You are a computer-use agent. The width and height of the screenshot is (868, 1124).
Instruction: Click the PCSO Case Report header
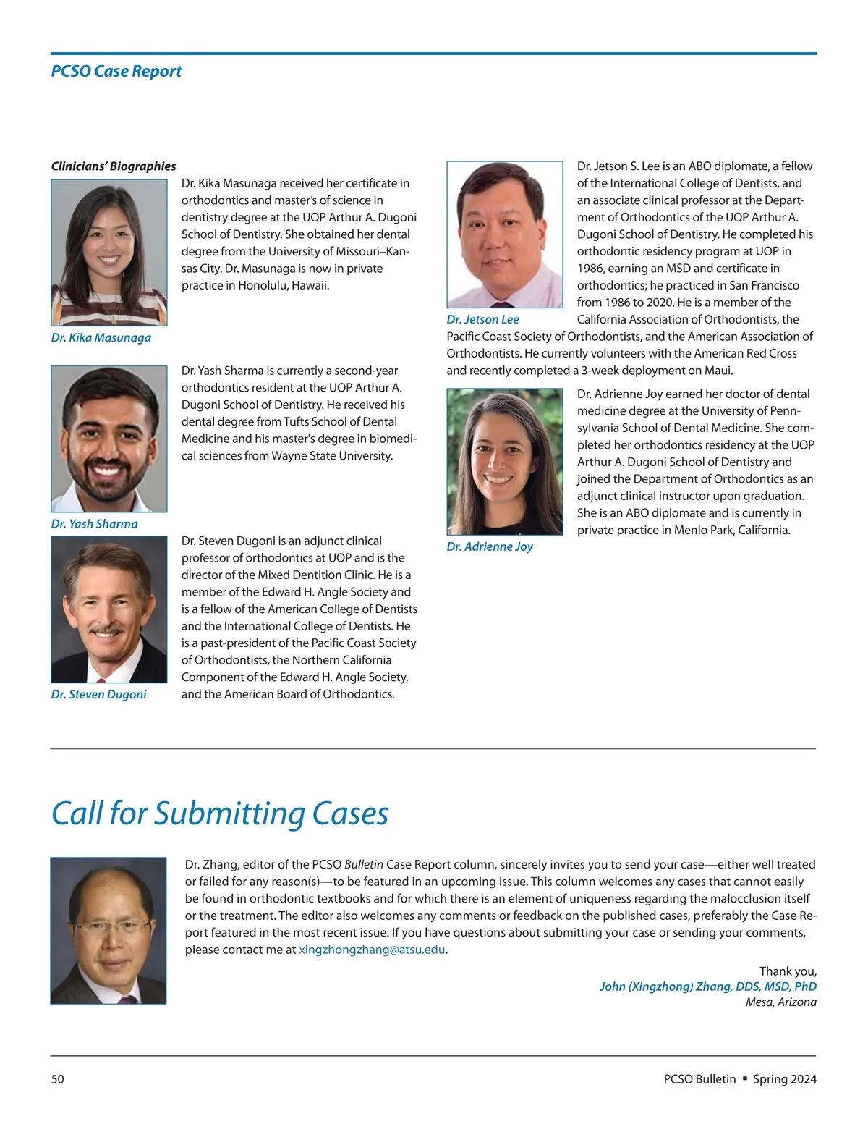(116, 71)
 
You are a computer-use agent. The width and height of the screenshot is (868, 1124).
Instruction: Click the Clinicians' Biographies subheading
(114, 166)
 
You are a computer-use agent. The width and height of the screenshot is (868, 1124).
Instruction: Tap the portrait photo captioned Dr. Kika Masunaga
(109, 253)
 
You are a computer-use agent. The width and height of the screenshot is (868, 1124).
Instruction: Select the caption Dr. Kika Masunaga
(101, 338)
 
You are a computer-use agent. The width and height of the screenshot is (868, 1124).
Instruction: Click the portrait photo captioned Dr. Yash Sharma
(109, 439)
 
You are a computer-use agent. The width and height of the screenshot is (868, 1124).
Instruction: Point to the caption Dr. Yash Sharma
(95, 524)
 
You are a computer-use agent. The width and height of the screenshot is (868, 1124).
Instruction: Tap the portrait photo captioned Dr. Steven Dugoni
(109, 609)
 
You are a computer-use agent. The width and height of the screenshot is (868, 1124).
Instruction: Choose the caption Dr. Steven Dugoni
(99, 695)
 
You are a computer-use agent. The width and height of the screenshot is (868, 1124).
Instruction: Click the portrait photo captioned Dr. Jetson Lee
(505, 234)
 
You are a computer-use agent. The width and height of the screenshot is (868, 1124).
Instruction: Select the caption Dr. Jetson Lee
(482, 320)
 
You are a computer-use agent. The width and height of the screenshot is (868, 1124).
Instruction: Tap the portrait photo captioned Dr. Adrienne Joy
(505, 462)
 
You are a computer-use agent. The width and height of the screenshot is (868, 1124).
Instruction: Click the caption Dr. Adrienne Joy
(490, 547)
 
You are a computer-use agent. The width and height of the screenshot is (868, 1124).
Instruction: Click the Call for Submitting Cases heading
(220, 814)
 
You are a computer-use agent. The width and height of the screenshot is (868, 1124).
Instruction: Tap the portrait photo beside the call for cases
(109, 930)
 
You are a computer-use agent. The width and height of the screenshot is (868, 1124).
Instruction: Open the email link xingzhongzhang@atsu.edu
(372, 950)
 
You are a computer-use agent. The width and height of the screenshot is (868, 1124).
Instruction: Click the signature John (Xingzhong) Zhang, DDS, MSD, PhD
(707, 986)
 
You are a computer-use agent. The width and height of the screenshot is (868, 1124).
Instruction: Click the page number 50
(58, 1079)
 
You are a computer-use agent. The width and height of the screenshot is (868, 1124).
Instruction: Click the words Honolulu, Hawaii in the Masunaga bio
(284, 286)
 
